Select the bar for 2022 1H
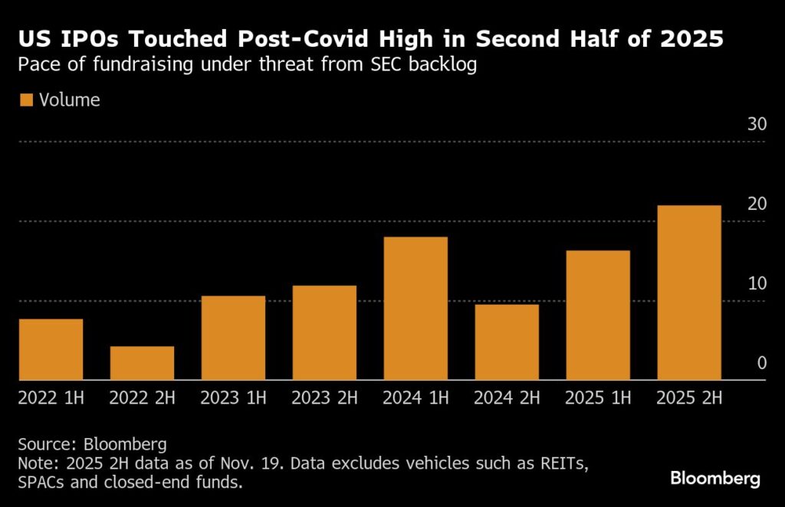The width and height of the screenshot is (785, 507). [51, 349]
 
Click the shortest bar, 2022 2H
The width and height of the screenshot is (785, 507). [142, 363]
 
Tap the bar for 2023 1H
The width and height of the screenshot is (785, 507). [233, 338]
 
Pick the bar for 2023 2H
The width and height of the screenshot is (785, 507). [324, 332]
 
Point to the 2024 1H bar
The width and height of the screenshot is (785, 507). [415, 309]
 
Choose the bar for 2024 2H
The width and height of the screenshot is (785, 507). [507, 342]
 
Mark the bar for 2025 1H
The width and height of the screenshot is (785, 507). [598, 315]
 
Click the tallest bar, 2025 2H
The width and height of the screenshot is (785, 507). [689, 293]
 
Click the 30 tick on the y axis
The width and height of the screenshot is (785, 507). [757, 125]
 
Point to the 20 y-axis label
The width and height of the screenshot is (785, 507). [757, 204]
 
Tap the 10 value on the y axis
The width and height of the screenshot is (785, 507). [757, 284]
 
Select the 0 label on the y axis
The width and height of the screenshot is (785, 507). [761, 363]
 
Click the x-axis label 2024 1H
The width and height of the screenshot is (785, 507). [415, 398]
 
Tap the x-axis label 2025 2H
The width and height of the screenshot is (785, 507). [689, 398]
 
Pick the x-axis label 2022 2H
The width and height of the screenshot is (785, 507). [142, 398]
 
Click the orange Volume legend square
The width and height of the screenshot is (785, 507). [26, 100]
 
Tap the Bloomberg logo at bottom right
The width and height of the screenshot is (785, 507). [714, 479]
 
